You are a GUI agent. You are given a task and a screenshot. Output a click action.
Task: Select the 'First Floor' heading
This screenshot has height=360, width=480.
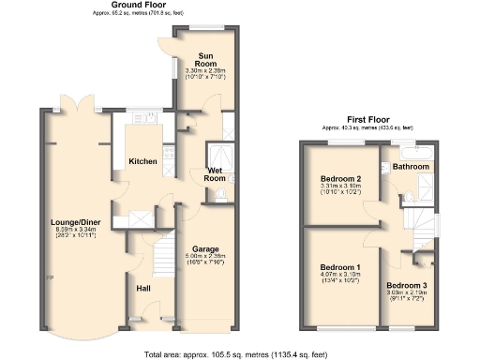(x=368, y=119)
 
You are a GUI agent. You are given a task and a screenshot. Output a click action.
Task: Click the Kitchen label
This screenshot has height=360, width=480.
(x=142, y=161)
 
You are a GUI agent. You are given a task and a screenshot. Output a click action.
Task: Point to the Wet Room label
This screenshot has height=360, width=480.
(x=216, y=173)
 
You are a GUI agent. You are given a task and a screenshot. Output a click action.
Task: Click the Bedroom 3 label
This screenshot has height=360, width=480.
(x=407, y=284)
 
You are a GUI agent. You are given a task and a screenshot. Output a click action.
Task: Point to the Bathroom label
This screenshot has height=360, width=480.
(x=411, y=167)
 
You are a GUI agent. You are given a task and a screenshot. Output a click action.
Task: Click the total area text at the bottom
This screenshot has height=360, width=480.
(x=240, y=354)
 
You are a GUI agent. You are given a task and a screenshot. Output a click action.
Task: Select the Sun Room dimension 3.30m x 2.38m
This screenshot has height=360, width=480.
(x=202, y=70)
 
